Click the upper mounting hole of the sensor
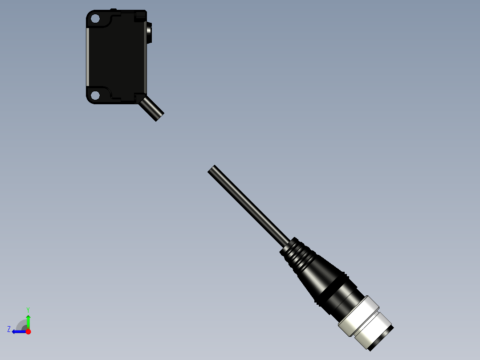coord(94,19)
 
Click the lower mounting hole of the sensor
coord(94,95)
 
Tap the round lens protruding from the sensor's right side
coord(149,33)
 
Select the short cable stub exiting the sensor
coord(151,109)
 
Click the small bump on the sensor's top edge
coord(113,9)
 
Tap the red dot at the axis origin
coord(28,331)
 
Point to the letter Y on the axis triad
coord(28,309)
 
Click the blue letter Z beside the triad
coord(9,329)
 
